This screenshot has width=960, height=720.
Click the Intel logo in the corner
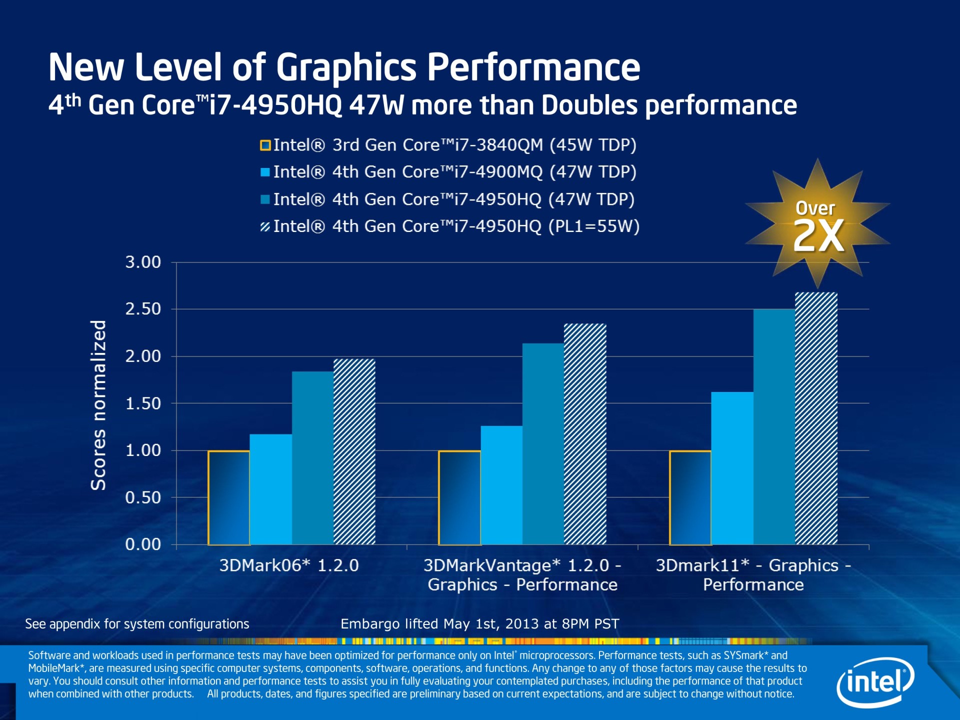pyautogui.click(x=875, y=682)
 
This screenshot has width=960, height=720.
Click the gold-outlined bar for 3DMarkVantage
pyautogui.click(x=459, y=497)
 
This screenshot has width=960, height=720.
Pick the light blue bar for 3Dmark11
pyautogui.click(x=732, y=468)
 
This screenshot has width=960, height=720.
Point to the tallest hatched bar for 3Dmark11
pyautogui.click(x=816, y=418)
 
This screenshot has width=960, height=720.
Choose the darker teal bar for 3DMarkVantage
pyautogui.click(x=543, y=443)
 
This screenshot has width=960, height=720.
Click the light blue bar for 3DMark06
pyautogui.click(x=270, y=489)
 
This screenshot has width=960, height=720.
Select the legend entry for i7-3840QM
pyautogui.click(x=448, y=145)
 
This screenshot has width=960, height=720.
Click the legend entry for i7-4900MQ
pyautogui.click(x=448, y=172)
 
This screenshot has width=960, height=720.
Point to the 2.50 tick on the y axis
pyautogui.click(x=143, y=309)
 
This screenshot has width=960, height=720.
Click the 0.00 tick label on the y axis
pyautogui.click(x=143, y=544)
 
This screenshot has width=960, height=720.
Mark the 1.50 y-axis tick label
pyautogui.click(x=143, y=403)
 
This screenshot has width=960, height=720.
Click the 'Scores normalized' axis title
pyautogui.click(x=98, y=405)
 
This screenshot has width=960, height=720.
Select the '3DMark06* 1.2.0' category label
pyautogui.click(x=289, y=565)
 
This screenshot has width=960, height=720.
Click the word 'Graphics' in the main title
pyautogui.click(x=346, y=67)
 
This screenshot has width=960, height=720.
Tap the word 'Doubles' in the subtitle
pyautogui.click(x=589, y=105)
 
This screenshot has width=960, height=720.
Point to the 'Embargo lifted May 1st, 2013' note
pyautogui.click(x=479, y=624)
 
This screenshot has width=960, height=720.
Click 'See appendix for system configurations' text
pyautogui.click(x=137, y=624)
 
